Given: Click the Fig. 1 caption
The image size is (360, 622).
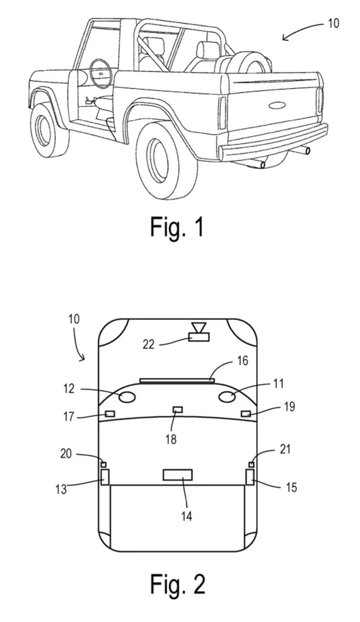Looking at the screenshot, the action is point(177,227).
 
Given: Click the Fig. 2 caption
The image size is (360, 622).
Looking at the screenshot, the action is point(178,584).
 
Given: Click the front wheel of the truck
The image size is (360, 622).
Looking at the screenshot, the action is point(49,128).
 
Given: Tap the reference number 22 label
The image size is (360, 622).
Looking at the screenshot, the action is point(149,344).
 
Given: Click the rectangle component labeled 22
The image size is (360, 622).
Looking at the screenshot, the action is point(199,337).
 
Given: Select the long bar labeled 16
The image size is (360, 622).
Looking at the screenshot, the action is point(177,381).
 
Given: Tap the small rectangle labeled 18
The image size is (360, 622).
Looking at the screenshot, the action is point(177,409).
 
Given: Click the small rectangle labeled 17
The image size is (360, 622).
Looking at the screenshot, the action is point(109,414).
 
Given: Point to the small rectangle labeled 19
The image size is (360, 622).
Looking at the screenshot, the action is point(246,414).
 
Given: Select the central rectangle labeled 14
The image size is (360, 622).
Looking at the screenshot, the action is point(178,475).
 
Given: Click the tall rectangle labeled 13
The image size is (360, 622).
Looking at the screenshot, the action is point(105,477).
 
